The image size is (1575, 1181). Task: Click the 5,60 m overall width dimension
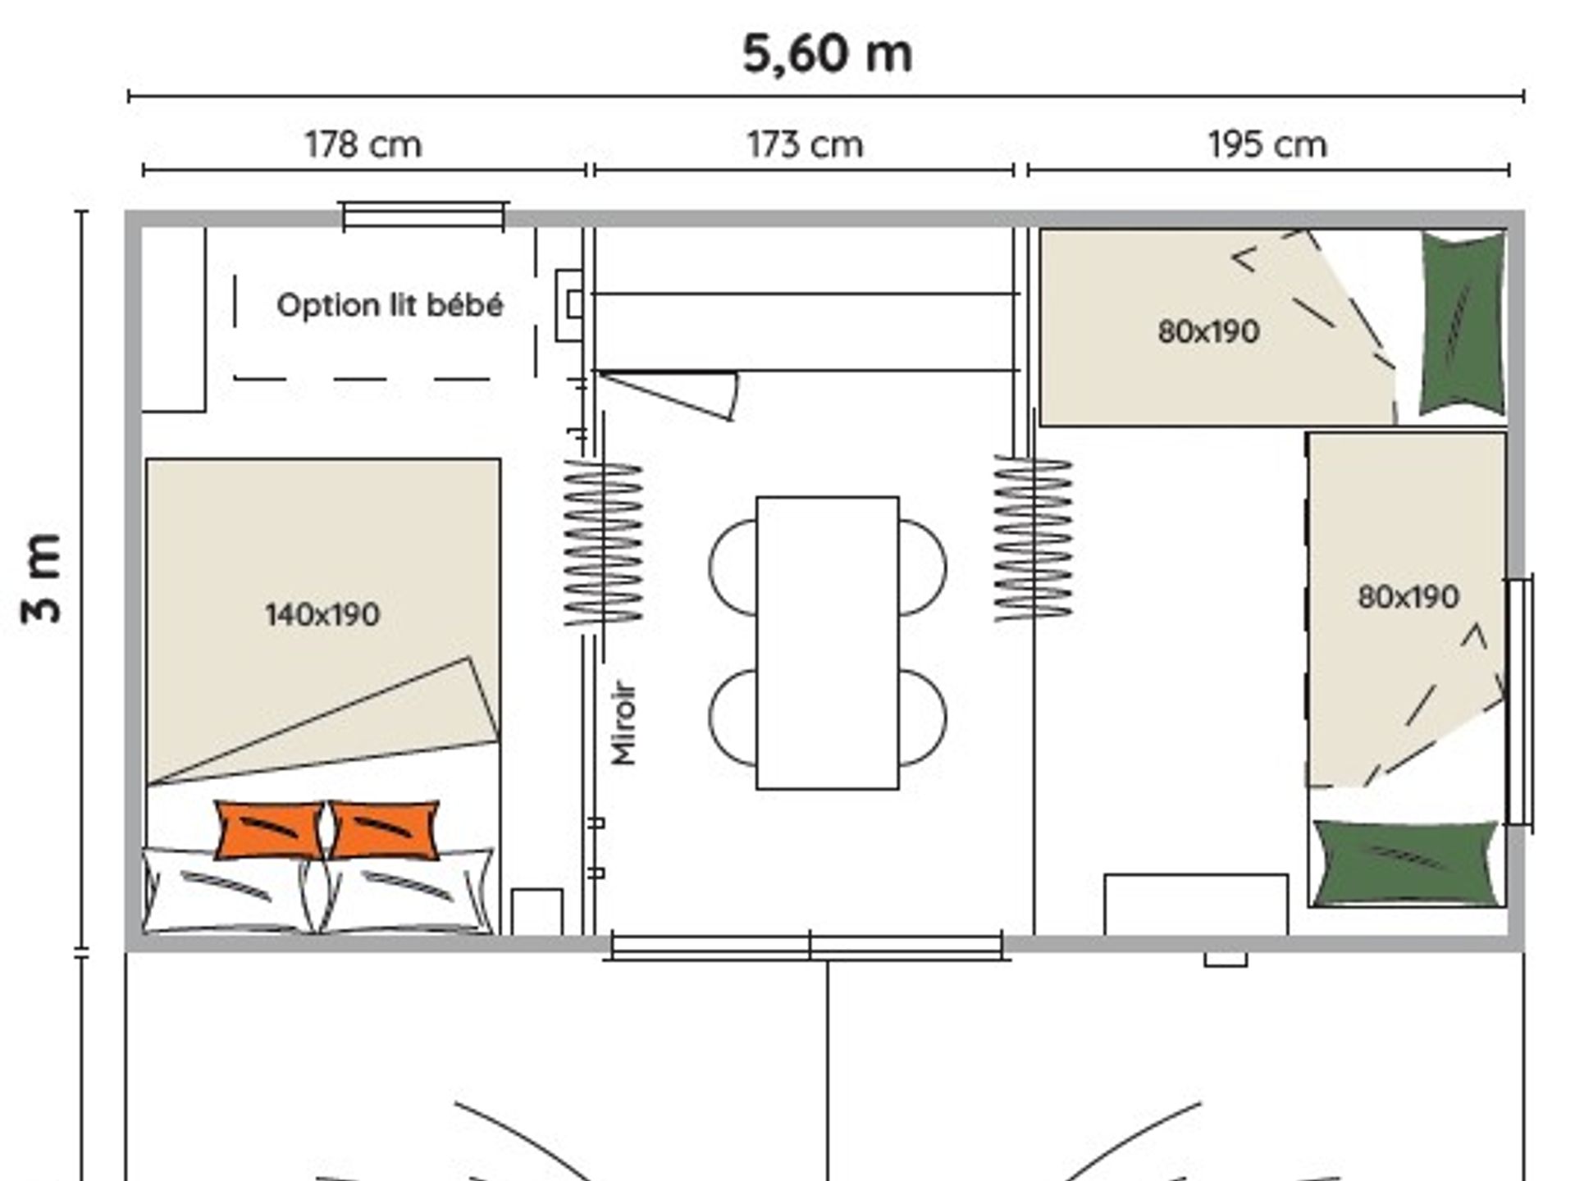click(x=827, y=54)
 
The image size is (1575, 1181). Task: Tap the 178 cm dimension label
click(x=363, y=145)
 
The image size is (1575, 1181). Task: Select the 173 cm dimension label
click(x=805, y=145)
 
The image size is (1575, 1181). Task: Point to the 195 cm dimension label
click(x=1267, y=145)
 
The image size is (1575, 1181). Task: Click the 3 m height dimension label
click(x=42, y=578)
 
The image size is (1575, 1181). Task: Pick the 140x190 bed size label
click(x=322, y=614)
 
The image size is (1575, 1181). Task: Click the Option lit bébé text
click(x=390, y=305)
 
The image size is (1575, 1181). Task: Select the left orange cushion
click(x=269, y=830)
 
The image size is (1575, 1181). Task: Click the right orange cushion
click(x=384, y=830)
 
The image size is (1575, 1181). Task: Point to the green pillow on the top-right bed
click(x=1463, y=323)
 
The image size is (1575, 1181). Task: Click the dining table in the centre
click(x=827, y=643)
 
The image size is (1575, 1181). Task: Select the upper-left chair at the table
click(x=733, y=567)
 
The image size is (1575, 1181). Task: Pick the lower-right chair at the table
click(x=923, y=718)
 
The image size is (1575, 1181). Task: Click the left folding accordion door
click(x=604, y=543)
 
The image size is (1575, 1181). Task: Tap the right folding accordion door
click(x=1033, y=538)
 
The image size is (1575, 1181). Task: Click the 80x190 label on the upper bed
click(x=1208, y=331)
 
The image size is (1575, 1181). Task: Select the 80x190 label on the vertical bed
click(x=1408, y=596)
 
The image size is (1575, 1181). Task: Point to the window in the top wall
click(x=423, y=216)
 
